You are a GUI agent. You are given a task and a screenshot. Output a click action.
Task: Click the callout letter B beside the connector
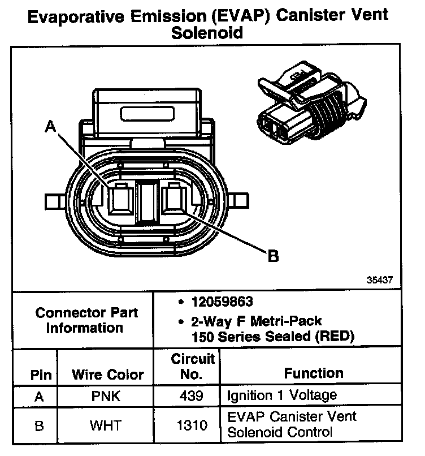(x=273, y=256)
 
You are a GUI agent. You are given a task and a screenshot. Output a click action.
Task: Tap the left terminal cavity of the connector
(x=120, y=200)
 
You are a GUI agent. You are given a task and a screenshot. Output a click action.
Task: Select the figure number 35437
(x=376, y=280)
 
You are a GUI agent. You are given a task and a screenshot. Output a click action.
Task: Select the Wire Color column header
(x=107, y=375)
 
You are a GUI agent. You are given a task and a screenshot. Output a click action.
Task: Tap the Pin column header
(x=40, y=375)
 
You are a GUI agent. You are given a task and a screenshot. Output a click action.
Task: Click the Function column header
(x=314, y=373)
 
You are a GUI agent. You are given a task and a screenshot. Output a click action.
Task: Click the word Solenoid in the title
(x=207, y=33)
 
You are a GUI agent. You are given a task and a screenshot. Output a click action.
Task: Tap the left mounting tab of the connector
(x=57, y=200)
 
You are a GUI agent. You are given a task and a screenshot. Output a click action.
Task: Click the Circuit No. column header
(x=193, y=366)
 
